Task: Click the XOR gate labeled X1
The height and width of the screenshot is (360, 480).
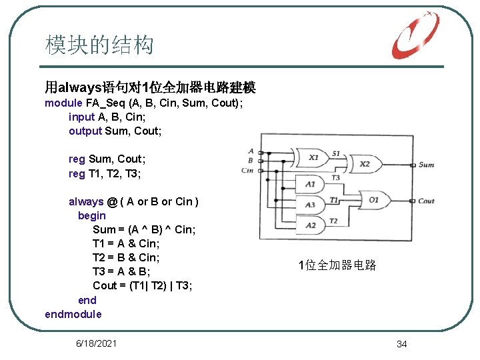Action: pos(313,159)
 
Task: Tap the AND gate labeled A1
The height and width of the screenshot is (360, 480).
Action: pos(311,184)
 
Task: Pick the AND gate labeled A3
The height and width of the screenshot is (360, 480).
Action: pos(311,205)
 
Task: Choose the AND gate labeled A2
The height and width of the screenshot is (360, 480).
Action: pos(311,225)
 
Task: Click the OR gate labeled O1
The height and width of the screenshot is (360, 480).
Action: pos(373,200)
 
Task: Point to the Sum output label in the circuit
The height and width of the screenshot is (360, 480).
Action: pos(426,165)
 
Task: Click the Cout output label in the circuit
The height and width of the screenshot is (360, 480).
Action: pos(426,201)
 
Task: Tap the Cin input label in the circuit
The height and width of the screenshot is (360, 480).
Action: pos(248,171)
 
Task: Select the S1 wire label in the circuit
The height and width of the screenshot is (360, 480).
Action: pos(336,153)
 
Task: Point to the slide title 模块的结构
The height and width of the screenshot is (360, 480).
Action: pos(99,45)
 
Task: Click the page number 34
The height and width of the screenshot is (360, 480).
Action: pos(401,344)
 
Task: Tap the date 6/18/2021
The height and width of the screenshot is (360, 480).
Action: pos(97,343)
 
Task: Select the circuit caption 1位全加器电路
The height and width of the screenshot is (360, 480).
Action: pos(337,265)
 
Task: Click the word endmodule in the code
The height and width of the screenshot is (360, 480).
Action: pos(73,314)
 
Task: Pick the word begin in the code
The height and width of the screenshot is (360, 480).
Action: pos(91,215)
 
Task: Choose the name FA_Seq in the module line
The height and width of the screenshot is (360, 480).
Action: pos(105,103)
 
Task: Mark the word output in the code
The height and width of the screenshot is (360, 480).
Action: pos(85,131)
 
